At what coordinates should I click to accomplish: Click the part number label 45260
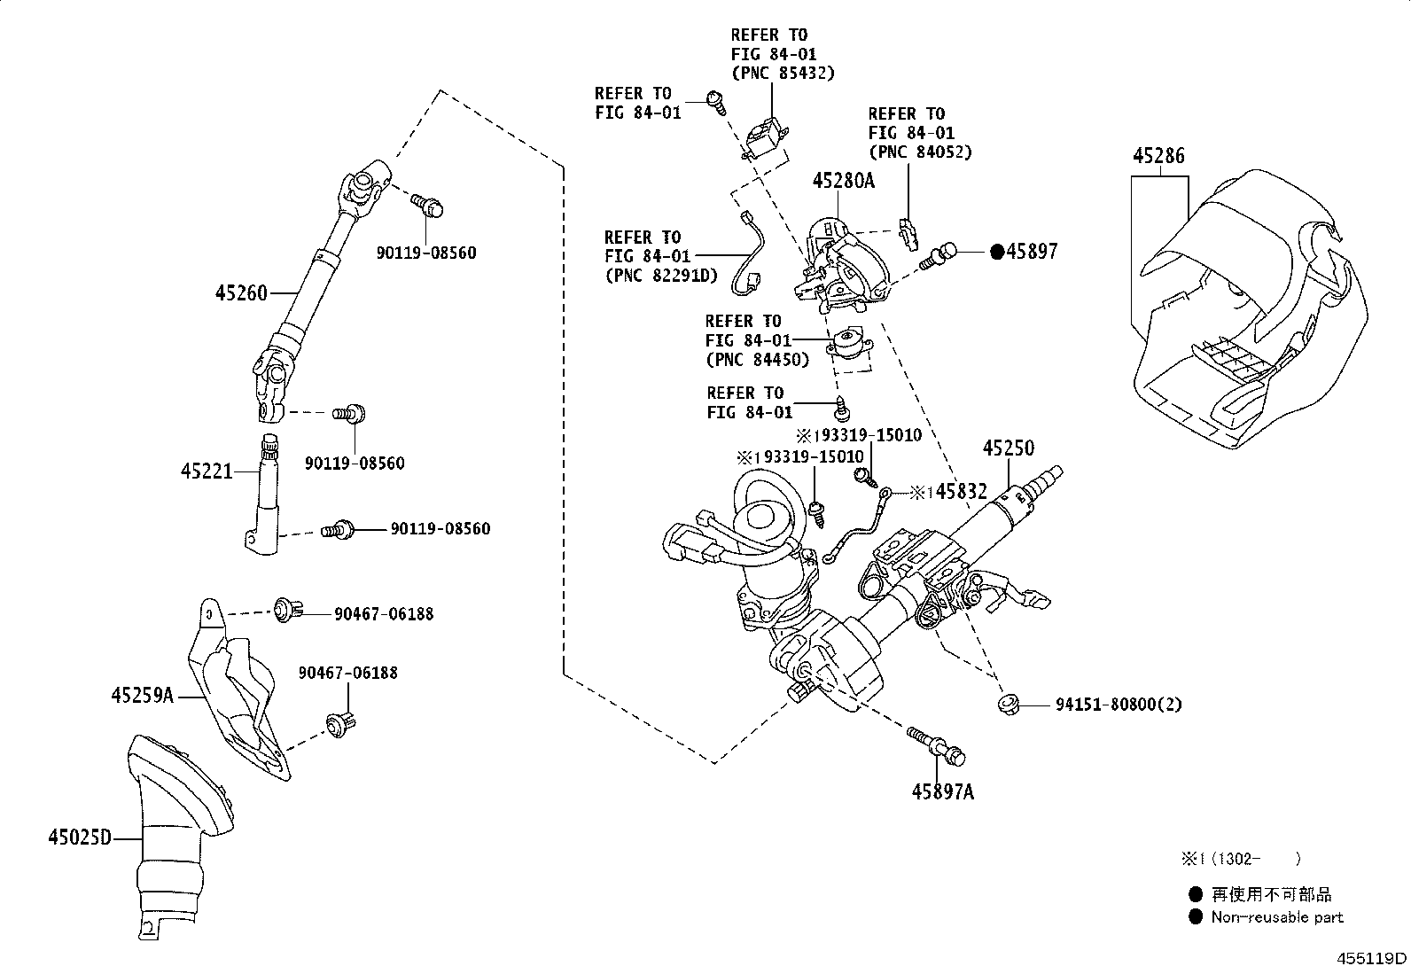tap(240, 292)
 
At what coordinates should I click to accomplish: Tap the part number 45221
tap(207, 471)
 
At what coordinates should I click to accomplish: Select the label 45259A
tap(142, 696)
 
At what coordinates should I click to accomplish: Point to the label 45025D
tap(80, 837)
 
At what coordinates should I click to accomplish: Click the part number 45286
tap(1158, 157)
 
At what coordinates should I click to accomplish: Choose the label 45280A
tap(843, 182)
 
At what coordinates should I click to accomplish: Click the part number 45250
tap(1008, 448)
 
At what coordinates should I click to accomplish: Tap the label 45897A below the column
tap(942, 792)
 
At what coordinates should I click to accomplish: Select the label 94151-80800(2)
tap(1119, 705)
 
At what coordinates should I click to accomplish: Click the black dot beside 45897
tap(996, 253)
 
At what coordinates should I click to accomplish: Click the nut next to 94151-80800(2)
tap(1009, 705)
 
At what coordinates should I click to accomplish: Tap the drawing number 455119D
tap(1372, 958)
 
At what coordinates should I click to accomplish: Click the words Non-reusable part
tap(1277, 918)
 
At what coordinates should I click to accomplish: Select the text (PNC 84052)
tap(920, 152)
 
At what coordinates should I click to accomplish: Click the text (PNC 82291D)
tap(659, 275)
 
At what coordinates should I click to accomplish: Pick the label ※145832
tap(948, 492)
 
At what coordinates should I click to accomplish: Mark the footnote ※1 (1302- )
tap(1240, 858)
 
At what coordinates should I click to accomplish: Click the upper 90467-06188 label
tap(384, 613)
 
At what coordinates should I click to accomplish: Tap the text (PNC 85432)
tap(783, 73)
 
